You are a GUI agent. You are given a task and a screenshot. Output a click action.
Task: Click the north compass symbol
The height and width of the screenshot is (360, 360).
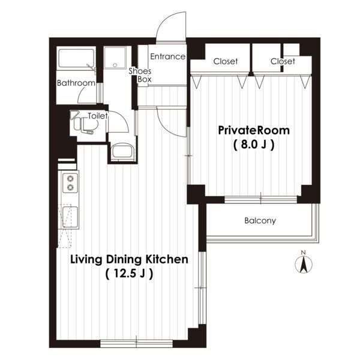pos(303,264)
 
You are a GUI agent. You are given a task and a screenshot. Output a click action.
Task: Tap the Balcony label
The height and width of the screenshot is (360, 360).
pos(260,221)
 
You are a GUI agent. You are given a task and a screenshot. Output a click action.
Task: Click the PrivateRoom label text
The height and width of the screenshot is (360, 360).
pos(254,130)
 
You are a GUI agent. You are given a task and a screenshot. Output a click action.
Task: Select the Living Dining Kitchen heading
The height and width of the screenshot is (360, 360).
pos(129,259)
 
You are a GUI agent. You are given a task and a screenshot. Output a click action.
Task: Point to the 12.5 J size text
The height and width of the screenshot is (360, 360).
pos(129,274)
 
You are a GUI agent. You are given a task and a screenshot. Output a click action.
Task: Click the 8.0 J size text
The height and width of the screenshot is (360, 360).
pos(254,145)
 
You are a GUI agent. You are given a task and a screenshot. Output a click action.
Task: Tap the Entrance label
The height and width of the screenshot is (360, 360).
pos(167,56)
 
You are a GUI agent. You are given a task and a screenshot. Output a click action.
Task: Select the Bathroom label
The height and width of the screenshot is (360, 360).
pos(76,83)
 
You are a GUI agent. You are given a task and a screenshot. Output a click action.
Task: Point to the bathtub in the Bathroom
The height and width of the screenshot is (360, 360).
pos(76,58)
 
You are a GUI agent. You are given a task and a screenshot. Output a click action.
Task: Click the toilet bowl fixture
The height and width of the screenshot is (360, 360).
pos(83,124)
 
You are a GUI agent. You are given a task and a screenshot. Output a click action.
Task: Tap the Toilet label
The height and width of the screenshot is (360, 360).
pos(98,116)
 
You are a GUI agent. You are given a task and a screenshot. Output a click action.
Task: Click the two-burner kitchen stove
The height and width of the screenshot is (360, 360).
pos(70,183)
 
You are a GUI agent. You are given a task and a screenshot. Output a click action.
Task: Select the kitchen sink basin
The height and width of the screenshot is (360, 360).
pos(70,217)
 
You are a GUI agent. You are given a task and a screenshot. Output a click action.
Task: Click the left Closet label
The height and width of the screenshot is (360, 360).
pos(226,61)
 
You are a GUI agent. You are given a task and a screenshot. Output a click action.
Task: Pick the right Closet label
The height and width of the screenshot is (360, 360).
pos(283,61)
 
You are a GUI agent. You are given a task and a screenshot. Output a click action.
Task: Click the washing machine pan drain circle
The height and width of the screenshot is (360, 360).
pos(115,65)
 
